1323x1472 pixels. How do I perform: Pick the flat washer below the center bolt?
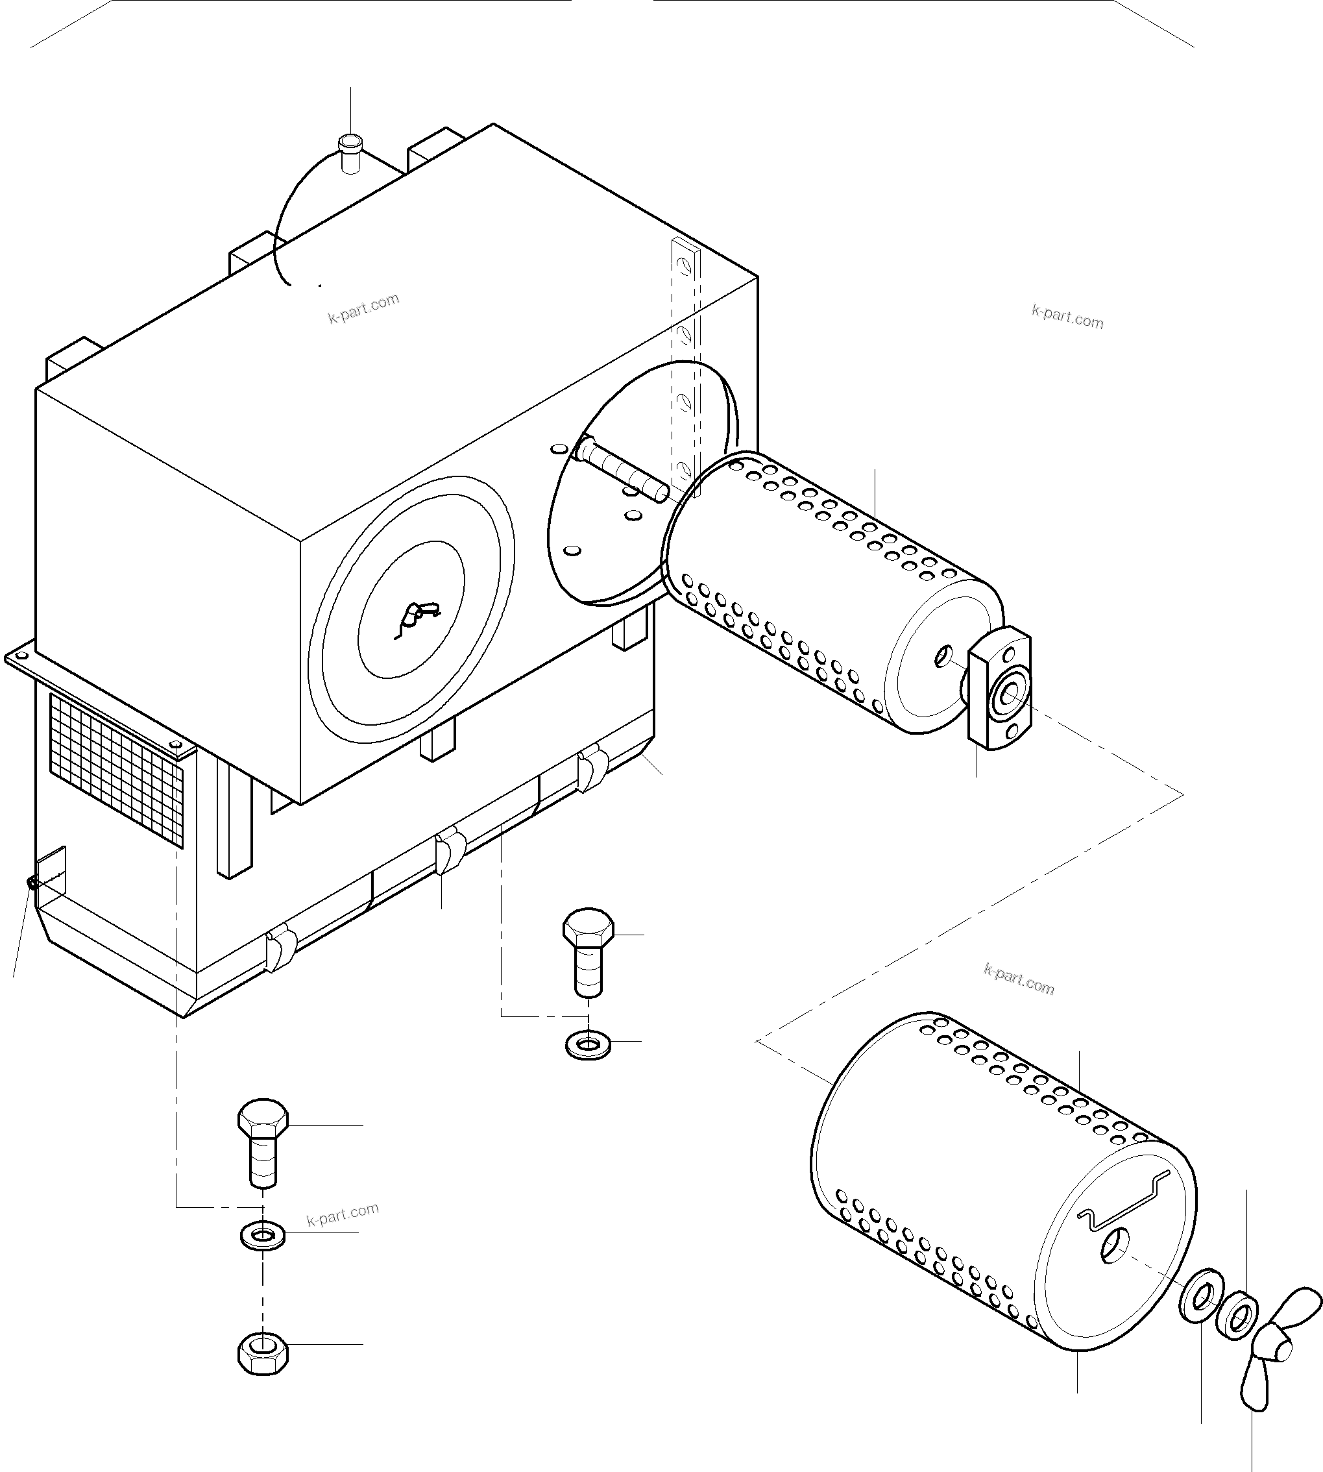[x=587, y=1046]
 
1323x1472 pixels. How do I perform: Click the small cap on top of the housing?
[x=350, y=152]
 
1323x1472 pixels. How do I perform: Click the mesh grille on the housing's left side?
[x=116, y=770]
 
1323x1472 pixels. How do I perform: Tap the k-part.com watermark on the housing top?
[x=363, y=308]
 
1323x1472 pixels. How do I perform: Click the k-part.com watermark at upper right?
[x=1067, y=317]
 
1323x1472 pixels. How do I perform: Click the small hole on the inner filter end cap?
[x=943, y=656]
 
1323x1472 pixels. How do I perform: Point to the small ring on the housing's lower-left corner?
[x=32, y=882]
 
